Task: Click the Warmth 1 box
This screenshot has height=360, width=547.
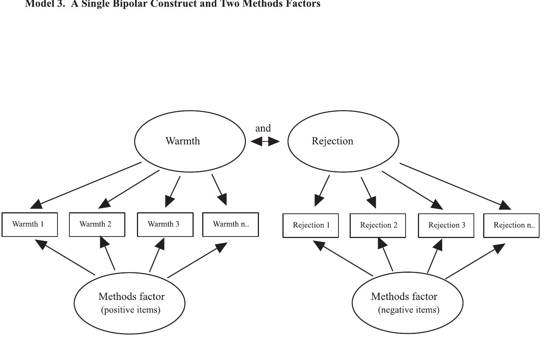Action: coord(29,224)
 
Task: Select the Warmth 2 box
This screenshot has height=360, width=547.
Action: coord(97,224)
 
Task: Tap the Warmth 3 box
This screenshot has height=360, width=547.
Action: coord(165,224)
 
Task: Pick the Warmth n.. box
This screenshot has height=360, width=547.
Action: coord(230,224)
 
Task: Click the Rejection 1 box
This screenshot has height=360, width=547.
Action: coord(310,225)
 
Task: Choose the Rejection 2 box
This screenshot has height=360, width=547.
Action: coord(378,225)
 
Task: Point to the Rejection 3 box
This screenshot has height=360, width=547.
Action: coord(446,225)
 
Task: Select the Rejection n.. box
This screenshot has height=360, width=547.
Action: coord(511,225)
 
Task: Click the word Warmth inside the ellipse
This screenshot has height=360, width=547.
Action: coord(182,141)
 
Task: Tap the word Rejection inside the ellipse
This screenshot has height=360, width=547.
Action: coord(332,141)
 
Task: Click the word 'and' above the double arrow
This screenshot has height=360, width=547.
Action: coord(263,128)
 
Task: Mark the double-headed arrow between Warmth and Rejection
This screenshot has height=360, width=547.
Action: coord(265,141)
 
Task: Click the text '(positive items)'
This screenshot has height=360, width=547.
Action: coord(131,310)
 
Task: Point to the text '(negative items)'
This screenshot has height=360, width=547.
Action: coord(409,310)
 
